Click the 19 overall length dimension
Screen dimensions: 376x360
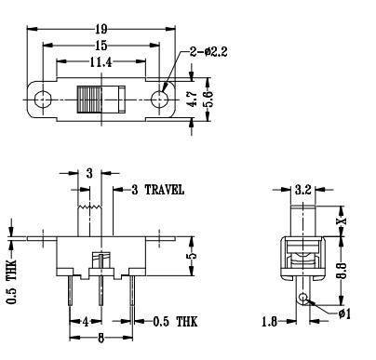click(101, 29)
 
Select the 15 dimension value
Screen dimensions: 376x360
click(101, 46)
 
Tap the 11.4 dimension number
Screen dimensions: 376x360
click(101, 62)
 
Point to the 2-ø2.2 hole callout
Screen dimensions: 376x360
click(208, 51)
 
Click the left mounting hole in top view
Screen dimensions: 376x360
click(43, 100)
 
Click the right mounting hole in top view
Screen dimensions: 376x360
click(159, 100)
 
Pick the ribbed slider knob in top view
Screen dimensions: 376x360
click(89, 100)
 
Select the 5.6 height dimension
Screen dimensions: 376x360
click(208, 100)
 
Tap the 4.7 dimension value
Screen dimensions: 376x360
click(193, 100)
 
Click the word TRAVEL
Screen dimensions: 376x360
click(165, 190)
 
